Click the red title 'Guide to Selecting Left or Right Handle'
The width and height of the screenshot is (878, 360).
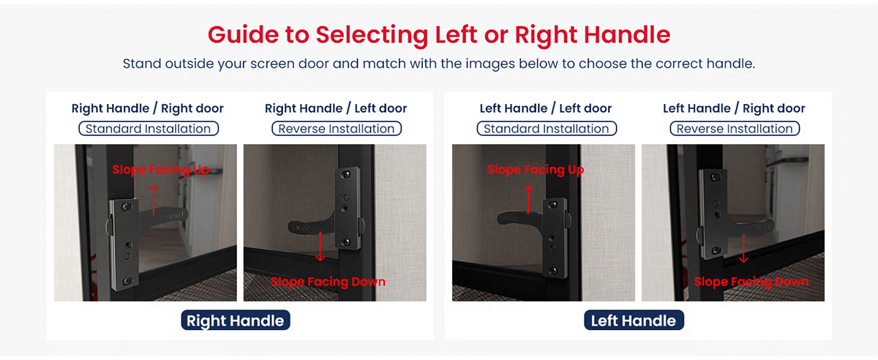click(439, 35)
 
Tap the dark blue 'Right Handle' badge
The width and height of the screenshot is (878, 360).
click(235, 320)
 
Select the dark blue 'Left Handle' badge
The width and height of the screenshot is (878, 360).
click(634, 320)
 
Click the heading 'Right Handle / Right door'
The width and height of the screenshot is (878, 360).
click(147, 108)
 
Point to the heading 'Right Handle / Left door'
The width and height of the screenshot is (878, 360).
click(336, 108)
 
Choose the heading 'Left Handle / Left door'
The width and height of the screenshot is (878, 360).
click(546, 108)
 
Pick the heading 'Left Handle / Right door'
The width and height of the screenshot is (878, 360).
click(734, 108)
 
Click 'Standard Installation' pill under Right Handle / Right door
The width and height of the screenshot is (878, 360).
click(149, 129)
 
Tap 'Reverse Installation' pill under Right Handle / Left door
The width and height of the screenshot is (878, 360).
click(337, 129)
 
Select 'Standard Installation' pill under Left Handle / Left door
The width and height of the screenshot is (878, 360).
click(547, 129)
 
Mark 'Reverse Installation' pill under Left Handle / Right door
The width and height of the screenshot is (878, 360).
click(735, 129)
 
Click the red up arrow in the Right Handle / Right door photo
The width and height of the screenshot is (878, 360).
click(154, 199)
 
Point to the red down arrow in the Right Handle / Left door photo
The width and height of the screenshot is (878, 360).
click(320, 247)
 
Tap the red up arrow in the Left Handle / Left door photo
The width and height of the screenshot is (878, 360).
click(528, 199)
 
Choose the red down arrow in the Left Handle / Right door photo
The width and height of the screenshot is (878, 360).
click(743, 249)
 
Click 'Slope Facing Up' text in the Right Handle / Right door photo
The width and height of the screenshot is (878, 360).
click(161, 170)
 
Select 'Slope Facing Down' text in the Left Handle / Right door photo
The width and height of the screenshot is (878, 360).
click(751, 282)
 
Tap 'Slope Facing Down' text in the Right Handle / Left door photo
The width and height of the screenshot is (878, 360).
click(328, 282)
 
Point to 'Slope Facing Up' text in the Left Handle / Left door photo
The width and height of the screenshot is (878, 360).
click(536, 170)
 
